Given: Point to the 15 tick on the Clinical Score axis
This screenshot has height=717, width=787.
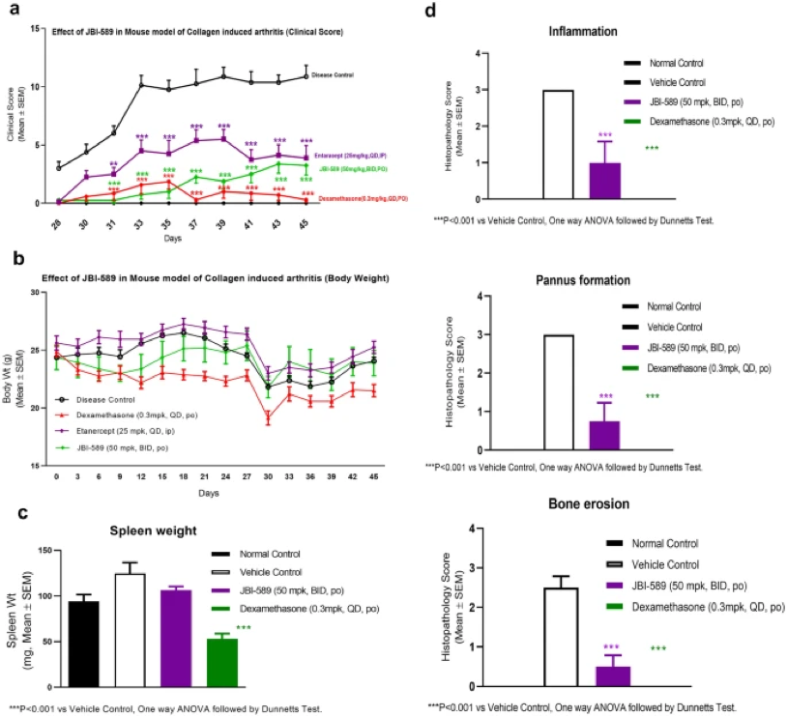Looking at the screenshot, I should coord(35,29).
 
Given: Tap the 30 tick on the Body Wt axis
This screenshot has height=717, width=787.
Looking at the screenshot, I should coord(35,292).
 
